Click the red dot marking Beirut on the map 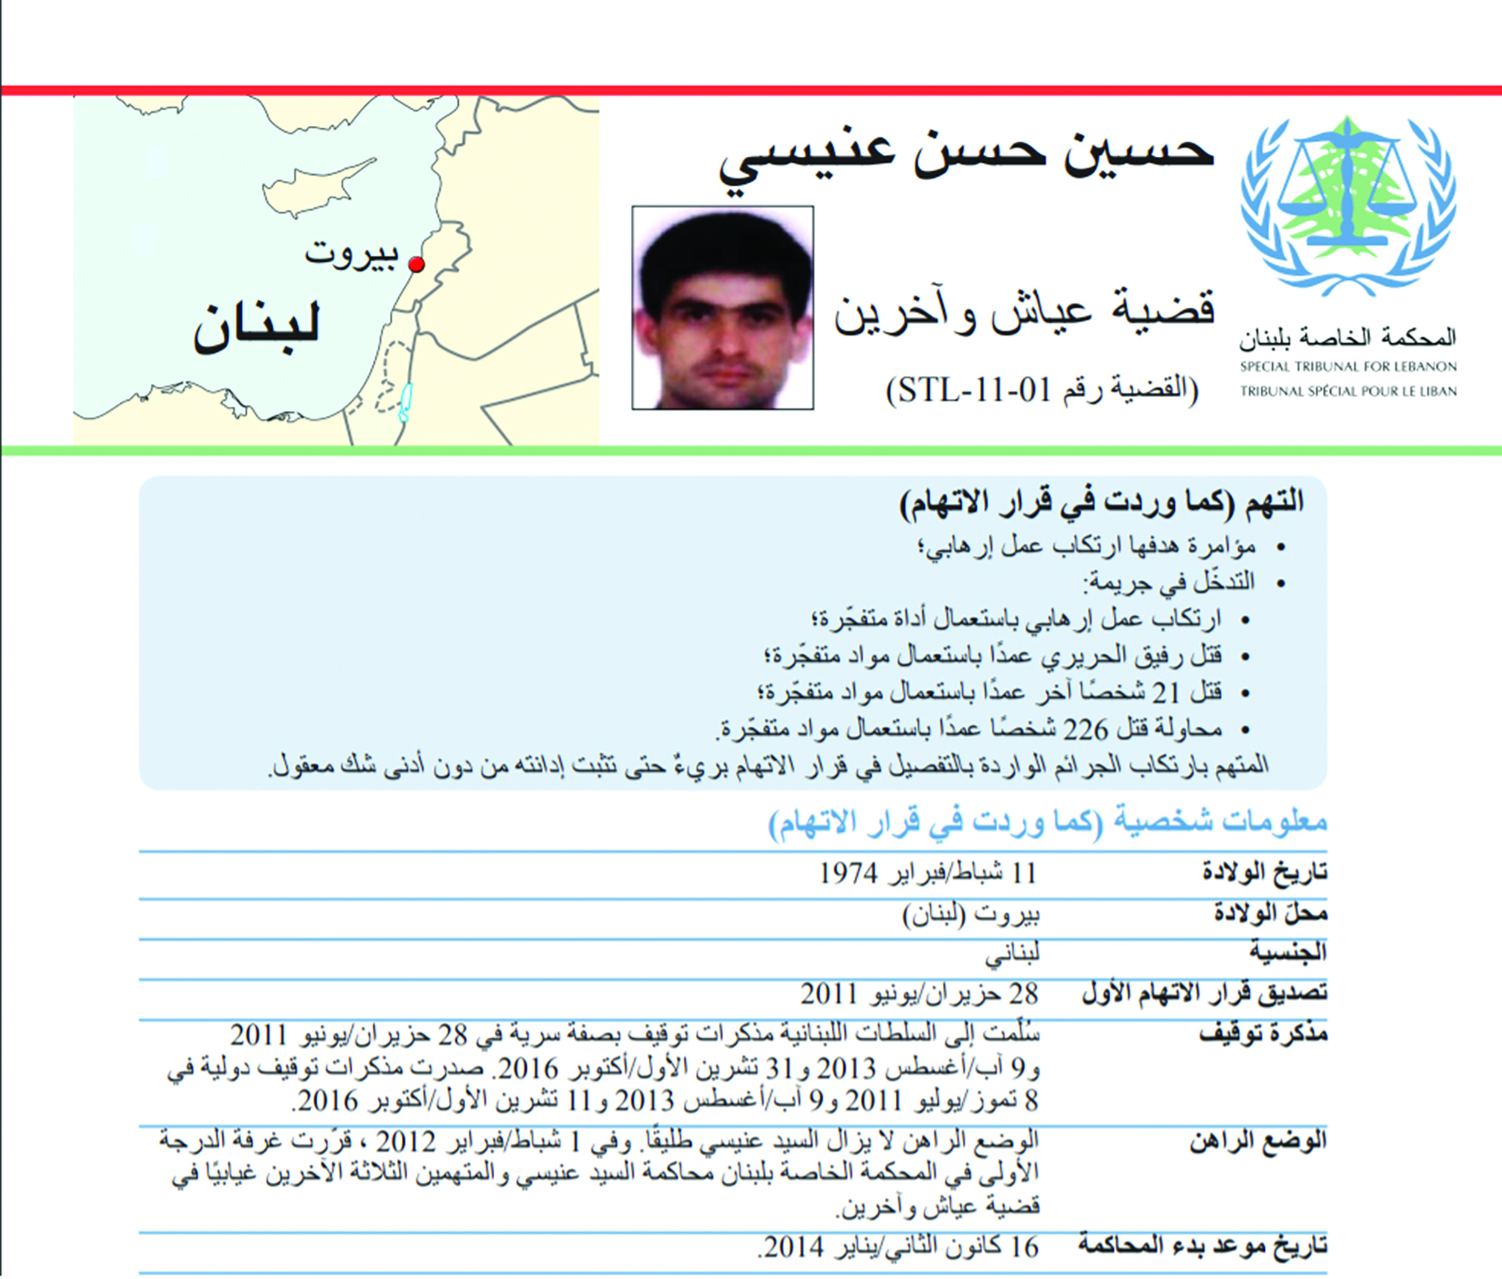pos(416,264)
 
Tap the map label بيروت pos(351,253)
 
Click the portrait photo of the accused pos(723,308)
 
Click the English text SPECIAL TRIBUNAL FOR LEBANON pos(1348,366)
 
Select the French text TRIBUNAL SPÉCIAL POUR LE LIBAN pos(1348,390)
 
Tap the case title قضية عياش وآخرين pos(1025,311)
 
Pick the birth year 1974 pos(848,874)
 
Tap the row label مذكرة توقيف pos(1263,1035)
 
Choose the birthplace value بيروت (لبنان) pos(971,914)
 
